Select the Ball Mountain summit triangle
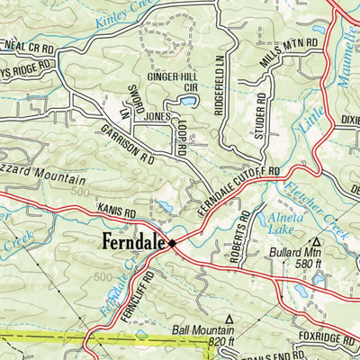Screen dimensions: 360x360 pyautogui.click(x=229, y=319)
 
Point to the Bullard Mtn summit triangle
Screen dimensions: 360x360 pyautogui.click(x=316, y=241)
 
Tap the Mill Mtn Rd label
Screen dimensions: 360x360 pyautogui.click(x=290, y=51)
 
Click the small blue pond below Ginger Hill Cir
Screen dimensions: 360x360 pyautogui.click(x=188, y=102)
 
